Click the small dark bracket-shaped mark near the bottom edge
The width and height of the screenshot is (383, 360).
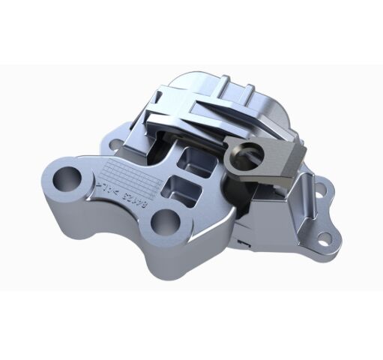coord(241,244)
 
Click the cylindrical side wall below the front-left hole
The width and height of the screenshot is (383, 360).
coord(64,206)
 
